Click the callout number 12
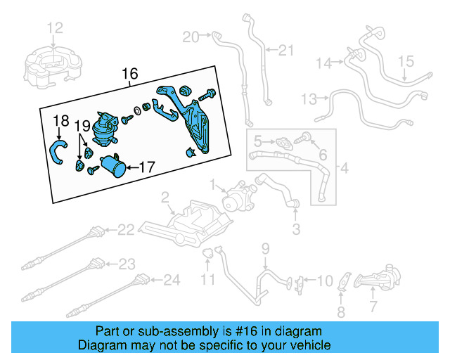pyautogui.click(x=55, y=28)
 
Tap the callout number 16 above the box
pyautogui.click(x=131, y=74)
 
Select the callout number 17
pyautogui.click(x=146, y=167)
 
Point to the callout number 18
pyautogui.click(x=61, y=120)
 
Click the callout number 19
pyautogui.click(x=82, y=126)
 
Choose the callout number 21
pyautogui.click(x=285, y=49)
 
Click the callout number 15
pyautogui.click(x=408, y=62)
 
